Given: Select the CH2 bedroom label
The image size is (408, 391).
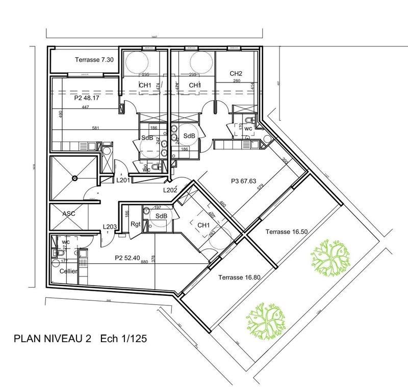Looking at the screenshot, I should pos(236,73).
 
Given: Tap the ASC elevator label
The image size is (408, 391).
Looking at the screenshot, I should pos(69,214).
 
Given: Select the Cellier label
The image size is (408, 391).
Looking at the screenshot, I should pos(69,271).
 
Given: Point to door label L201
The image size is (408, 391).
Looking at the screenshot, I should pos(124,180).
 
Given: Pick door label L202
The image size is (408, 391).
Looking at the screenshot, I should pos(170,190).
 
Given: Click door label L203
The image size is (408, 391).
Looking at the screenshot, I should pos(110,227).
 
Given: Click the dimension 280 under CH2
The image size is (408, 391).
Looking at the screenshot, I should pos(236,81).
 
